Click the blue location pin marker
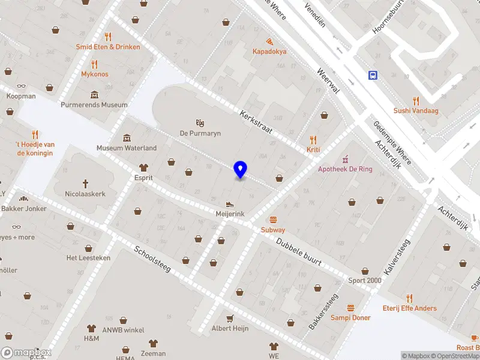[240, 169]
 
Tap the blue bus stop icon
[373, 75]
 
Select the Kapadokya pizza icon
[269, 41]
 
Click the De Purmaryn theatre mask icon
[200, 122]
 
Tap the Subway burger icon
[273, 220]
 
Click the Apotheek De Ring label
[345, 169]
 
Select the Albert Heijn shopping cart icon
[230, 318]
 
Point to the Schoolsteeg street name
[153, 259]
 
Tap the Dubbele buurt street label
[299, 251]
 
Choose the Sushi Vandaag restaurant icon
[415, 100]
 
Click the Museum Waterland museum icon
[127, 138]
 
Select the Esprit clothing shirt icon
[143, 168]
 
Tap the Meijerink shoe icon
[230, 204]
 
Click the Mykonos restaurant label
[95, 74]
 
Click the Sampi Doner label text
[350, 317]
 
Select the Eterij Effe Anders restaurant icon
[410, 298]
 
